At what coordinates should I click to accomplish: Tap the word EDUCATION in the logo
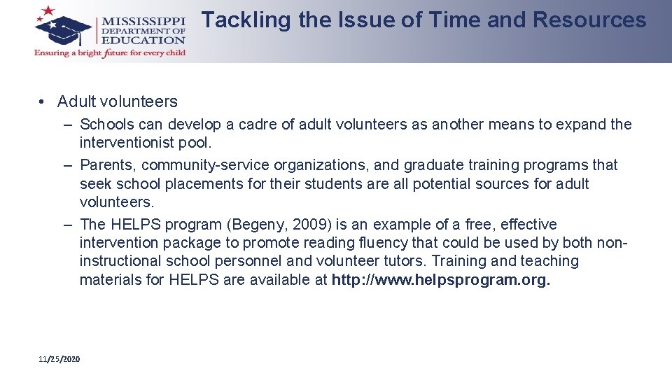[143, 41]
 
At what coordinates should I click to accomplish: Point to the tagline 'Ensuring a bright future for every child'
[110, 54]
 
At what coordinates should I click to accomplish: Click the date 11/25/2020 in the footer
[59, 359]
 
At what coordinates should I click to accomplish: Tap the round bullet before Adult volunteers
[43, 102]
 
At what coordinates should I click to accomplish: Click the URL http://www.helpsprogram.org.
[441, 280]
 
